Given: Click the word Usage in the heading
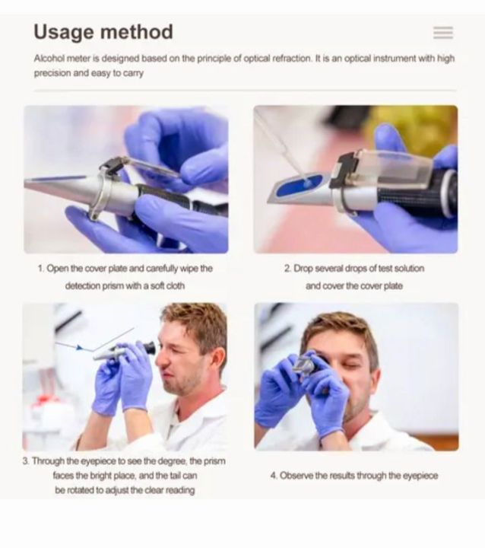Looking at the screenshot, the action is tap(64, 33).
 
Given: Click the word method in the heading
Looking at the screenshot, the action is tap(137, 32).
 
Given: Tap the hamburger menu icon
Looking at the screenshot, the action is tap(443, 33).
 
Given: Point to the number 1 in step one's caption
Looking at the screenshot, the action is tap(40, 269).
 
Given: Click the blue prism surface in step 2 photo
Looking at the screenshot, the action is tap(299, 185).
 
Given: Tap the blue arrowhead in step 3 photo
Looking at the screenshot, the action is tap(80, 348).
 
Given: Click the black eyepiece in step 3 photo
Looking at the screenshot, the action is tap(150, 348).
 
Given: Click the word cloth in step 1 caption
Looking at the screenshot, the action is tap(176, 286).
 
